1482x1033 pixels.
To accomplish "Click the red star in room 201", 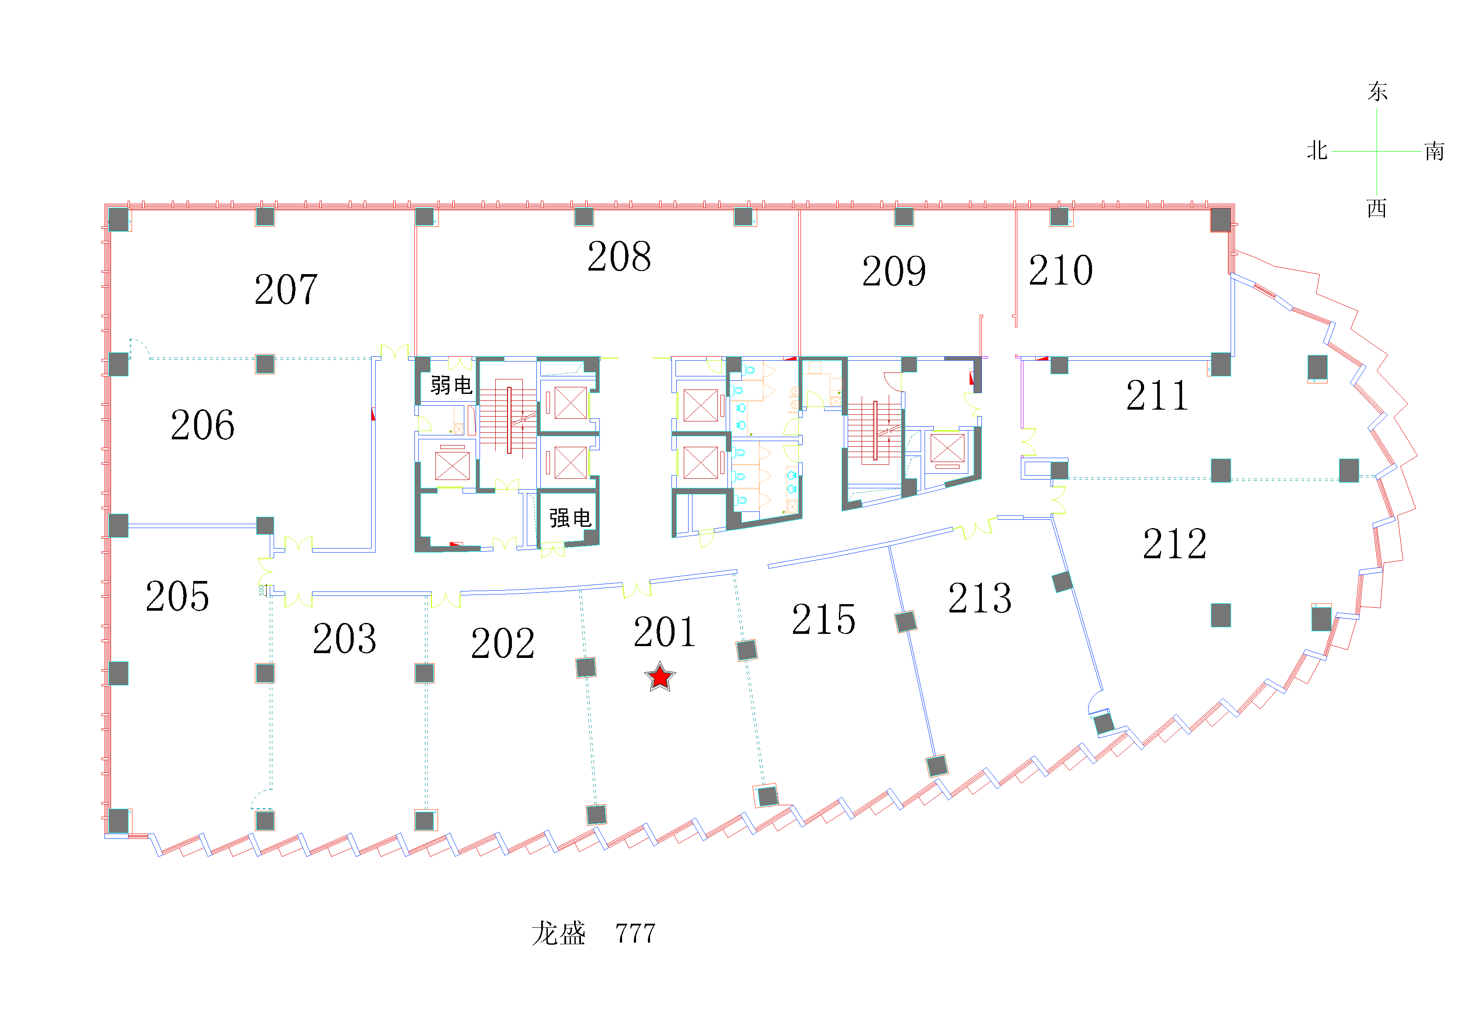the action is pos(660,677).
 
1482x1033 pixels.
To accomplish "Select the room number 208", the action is pos(619,256).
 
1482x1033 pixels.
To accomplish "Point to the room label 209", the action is pos(894,271).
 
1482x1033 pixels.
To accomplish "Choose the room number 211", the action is pos(1157,395).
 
